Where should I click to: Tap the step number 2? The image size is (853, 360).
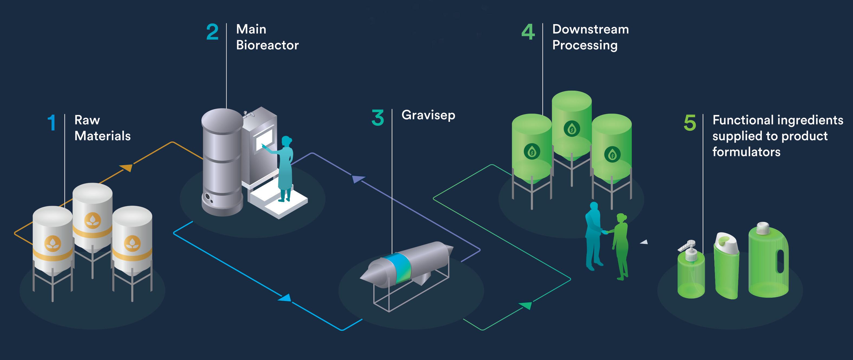point(212,32)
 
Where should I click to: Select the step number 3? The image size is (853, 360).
point(377,118)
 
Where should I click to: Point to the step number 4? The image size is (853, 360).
point(528,32)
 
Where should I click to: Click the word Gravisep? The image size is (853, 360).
point(428,115)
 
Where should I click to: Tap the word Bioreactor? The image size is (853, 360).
point(267,45)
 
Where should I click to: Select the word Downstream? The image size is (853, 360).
point(590,29)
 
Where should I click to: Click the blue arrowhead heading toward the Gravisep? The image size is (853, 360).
point(285,298)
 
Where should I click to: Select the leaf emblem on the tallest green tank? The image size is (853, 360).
point(571,129)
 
